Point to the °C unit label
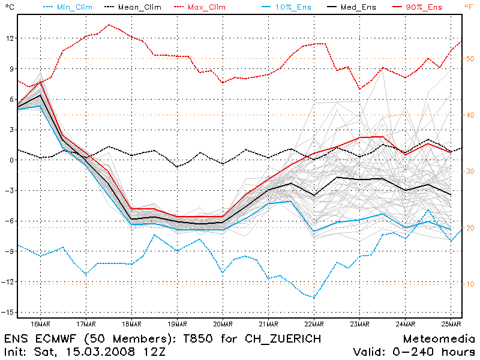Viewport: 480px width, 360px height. coord(8,7)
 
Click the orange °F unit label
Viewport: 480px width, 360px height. coord(468,7)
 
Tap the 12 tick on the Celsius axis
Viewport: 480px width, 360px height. coord(9,38)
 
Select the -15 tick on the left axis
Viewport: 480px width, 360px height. coord(8,313)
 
